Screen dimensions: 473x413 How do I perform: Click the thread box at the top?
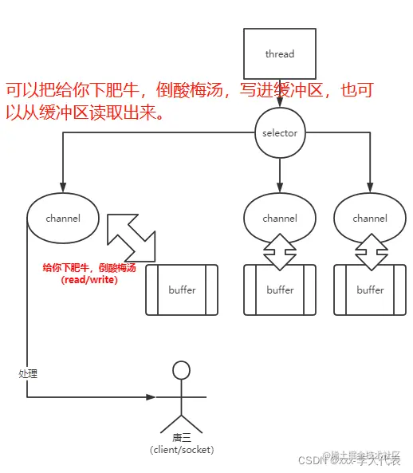[279, 54]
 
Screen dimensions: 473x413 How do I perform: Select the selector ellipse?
[279, 133]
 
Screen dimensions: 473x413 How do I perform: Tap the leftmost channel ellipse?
[63, 218]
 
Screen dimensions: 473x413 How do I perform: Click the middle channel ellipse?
[279, 218]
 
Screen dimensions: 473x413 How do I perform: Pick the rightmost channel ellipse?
[369, 218]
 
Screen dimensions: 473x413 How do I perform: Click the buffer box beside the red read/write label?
[182, 290]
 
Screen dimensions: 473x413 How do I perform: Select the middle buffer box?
[279, 290]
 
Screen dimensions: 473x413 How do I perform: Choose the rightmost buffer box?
[369, 290]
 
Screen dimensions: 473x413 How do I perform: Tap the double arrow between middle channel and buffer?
[279, 252]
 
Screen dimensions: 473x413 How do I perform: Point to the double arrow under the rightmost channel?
[369, 252]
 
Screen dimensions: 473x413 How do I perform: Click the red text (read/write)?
[88, 280]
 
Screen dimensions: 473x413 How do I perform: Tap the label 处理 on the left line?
[28, 372]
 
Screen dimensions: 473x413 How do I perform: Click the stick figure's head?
[181, 370]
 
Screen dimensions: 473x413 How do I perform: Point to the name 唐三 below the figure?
[181, 438]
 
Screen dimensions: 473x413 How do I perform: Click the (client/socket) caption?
[181, 450]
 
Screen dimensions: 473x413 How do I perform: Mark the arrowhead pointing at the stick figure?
[151, 396]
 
